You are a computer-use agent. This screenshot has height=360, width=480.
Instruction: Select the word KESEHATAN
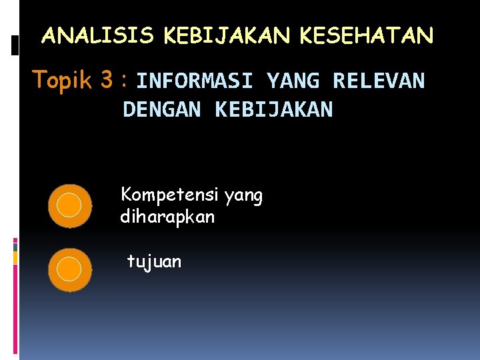(367, 35)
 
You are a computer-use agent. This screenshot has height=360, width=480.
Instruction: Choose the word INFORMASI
(195, 81)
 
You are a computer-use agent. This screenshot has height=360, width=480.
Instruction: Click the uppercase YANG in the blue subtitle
(292, 81)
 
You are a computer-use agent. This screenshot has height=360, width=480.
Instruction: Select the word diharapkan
(167, 217)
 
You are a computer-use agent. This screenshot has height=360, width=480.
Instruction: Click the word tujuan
(154, 261)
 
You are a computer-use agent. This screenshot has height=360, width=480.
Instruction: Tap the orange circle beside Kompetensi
(69, 205)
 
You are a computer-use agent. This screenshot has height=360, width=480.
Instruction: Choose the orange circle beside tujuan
(69, 269)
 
